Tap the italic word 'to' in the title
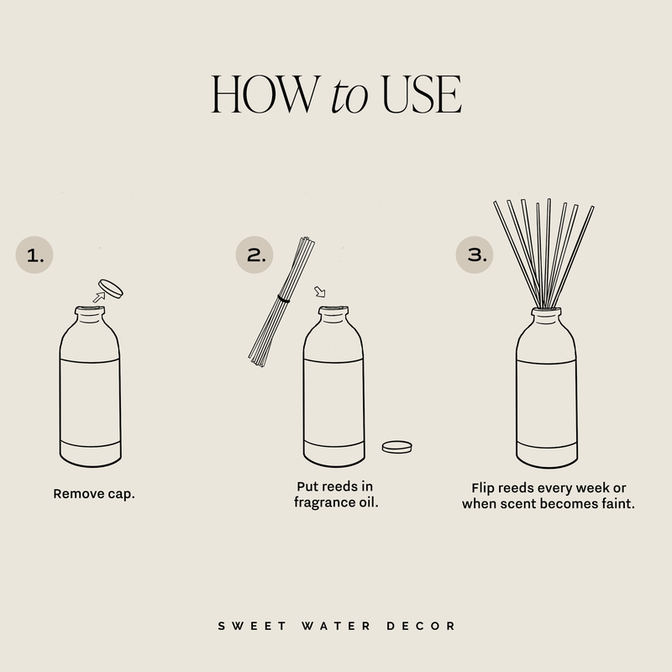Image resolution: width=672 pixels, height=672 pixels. coord(349,97)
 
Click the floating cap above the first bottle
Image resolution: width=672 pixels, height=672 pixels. coord(111,288)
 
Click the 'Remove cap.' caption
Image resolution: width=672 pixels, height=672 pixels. coord(94,493)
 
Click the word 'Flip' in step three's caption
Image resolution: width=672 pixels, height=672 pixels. coord(486,488)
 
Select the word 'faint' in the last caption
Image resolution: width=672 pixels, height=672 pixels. coord(616,504)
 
